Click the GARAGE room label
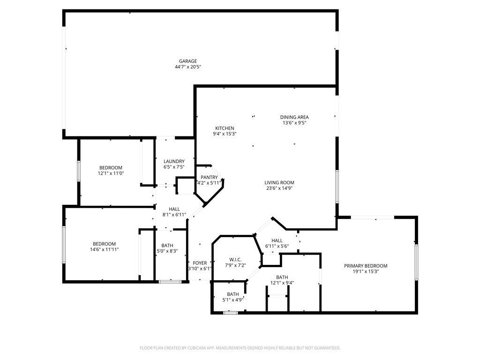pos(187,61)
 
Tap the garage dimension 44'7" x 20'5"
pos(187,67)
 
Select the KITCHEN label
pos(225,128)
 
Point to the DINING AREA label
pos(294,117)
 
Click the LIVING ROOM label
pos(279,183)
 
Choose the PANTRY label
pos(209,177)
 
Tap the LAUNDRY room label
pos(173,161)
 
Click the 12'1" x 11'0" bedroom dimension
pos(111,173)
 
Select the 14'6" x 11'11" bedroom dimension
pos(104,249)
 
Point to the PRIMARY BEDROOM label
pos(366,266)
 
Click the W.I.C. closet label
pos(235,259)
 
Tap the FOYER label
pos(200,263)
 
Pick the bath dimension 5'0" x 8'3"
pos(167,251)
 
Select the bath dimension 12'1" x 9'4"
pos(282,283)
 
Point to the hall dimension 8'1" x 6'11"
pos(174,215)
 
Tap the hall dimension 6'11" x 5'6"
pos(277,246)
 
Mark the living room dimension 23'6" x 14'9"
pos(279,188)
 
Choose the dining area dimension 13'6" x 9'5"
pos(294,123)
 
